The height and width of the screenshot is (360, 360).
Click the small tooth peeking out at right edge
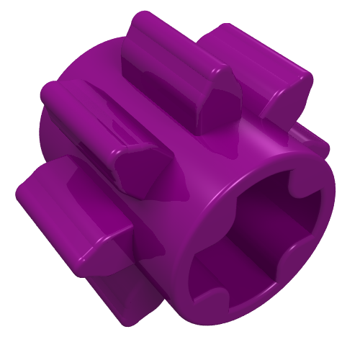click(x=321, y=144)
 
